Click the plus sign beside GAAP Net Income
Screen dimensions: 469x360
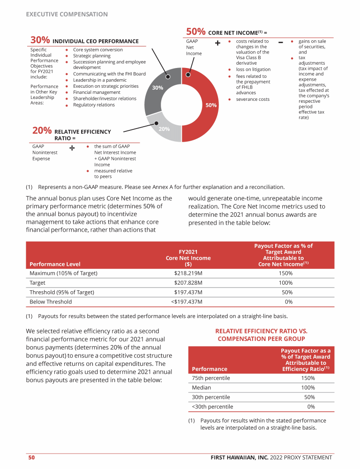(217, 43)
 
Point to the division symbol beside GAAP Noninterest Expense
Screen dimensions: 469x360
(72, 148)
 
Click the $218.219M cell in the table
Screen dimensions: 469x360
(188, 273)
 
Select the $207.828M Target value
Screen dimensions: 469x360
(188, 283)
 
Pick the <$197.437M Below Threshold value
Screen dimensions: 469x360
(188, 302)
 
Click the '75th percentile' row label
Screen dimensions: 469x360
(211, 378)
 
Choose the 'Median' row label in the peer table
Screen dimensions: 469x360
(202, 388)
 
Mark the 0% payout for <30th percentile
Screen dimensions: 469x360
(311, 407)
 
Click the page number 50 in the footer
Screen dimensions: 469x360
(31, 457)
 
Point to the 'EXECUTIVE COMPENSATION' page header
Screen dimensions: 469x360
(67, 15)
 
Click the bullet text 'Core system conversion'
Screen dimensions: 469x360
(98, 50)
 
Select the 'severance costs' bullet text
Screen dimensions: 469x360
(253, 99)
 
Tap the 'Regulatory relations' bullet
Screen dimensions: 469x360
(94, 105)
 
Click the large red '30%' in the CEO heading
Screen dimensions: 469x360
(40, 41)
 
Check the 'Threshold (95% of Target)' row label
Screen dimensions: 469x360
(62, 292)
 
